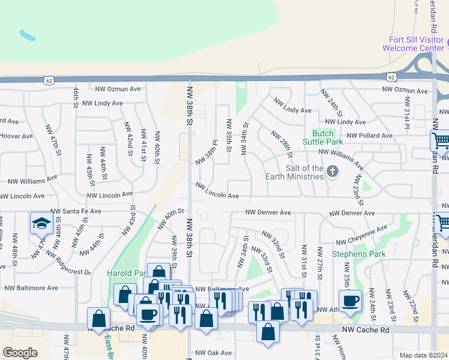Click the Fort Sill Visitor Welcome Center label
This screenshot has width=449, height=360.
[415, 44]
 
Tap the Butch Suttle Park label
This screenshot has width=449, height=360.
[327, 137]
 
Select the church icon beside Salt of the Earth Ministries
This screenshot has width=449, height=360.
[333, 172]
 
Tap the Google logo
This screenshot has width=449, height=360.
[20, 353]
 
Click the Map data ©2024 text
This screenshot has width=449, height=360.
[423, 355]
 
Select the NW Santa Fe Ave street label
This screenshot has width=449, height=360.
[76, 211]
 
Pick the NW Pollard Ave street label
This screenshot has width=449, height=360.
[370, 136]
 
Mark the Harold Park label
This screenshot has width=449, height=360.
[127, 273]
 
